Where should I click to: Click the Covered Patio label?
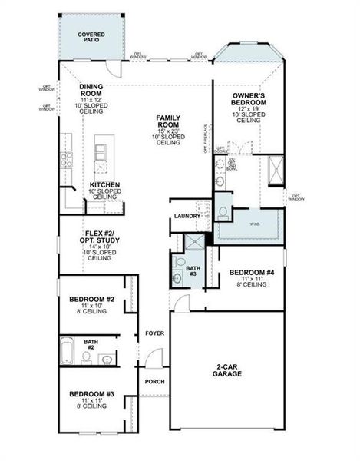(x=91, y=38)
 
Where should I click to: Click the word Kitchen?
(x=103, y=185)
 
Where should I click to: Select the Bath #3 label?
(x=193, y=270)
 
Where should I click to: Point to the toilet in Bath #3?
(x=178, y=261)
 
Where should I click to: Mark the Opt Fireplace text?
(x=206, y=138)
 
